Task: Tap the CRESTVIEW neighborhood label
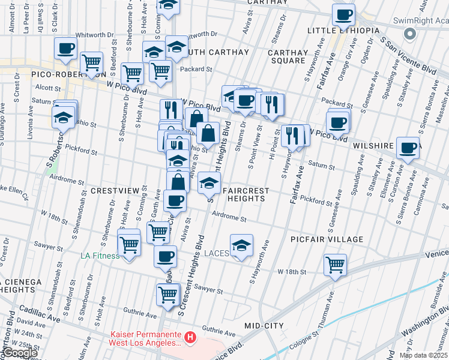coord(118,190)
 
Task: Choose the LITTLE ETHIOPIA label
coord(343,30)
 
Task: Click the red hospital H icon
coord(190,338)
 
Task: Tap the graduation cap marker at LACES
coord(241,246)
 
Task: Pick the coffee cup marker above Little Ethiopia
coord(344,14)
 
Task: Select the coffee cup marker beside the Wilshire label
coord(408,148)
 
